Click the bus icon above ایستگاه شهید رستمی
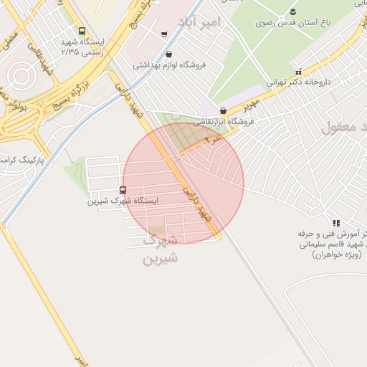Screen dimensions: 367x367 pyautogui.click(x=82, y=32)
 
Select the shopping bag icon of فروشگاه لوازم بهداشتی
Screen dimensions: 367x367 pyautogui.click(x=168, y=54)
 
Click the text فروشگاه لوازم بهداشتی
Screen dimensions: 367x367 pyautogui.click(x=169, y=65)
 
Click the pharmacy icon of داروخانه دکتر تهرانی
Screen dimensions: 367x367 pyautogui.click(x=298, y=72)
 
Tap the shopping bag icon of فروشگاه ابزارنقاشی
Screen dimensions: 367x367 pyautogui.click(x=224, y=111)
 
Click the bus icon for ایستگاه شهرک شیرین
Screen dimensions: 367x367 pyautogui.click(x=123, y=190)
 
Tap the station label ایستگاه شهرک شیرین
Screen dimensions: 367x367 pyautogui.click(x=123, y=201)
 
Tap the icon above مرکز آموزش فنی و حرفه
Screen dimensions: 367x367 pyautogui.click(x=335, y=223)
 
